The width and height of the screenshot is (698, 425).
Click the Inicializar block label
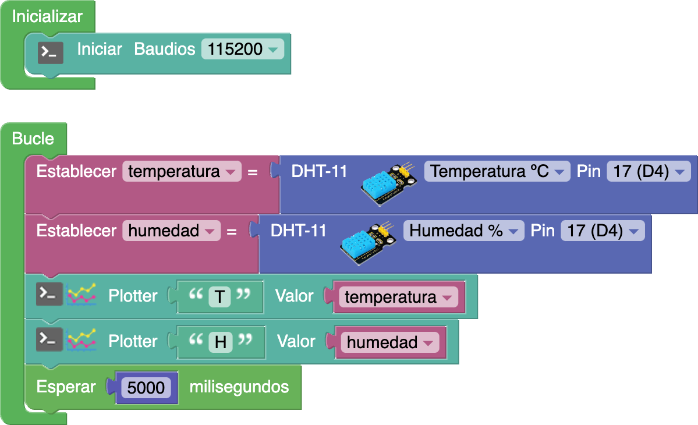(47, 17)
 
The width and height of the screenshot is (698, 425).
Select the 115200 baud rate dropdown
(242, 49)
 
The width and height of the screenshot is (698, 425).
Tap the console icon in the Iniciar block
(51, 53)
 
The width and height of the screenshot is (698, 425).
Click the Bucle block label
(33, 139)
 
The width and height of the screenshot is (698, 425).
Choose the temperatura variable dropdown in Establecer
(181, 172)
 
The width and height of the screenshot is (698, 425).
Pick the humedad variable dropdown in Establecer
(171, 231)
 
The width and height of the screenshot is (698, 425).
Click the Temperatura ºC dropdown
(497, 172)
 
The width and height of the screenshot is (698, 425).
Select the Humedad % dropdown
(463, 231)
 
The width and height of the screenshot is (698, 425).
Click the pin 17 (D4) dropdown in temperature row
(648, 172)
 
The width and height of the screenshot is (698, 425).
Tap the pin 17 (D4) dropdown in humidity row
(603, 231)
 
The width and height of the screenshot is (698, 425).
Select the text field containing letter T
(219, 297)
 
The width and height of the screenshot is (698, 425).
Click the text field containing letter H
(221, 342)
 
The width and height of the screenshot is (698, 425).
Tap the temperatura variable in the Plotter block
(398, 297)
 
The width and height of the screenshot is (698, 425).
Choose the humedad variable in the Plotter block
(389, 343)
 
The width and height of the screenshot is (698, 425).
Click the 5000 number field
(146, 388)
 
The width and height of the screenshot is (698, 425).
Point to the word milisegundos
(239, 387)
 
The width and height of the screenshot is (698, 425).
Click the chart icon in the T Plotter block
(82, 295)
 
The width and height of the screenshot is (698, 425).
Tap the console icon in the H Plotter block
(49, 341)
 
